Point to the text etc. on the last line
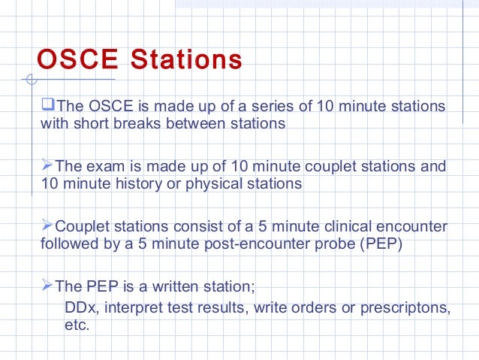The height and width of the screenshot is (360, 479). [x=77, y=326]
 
